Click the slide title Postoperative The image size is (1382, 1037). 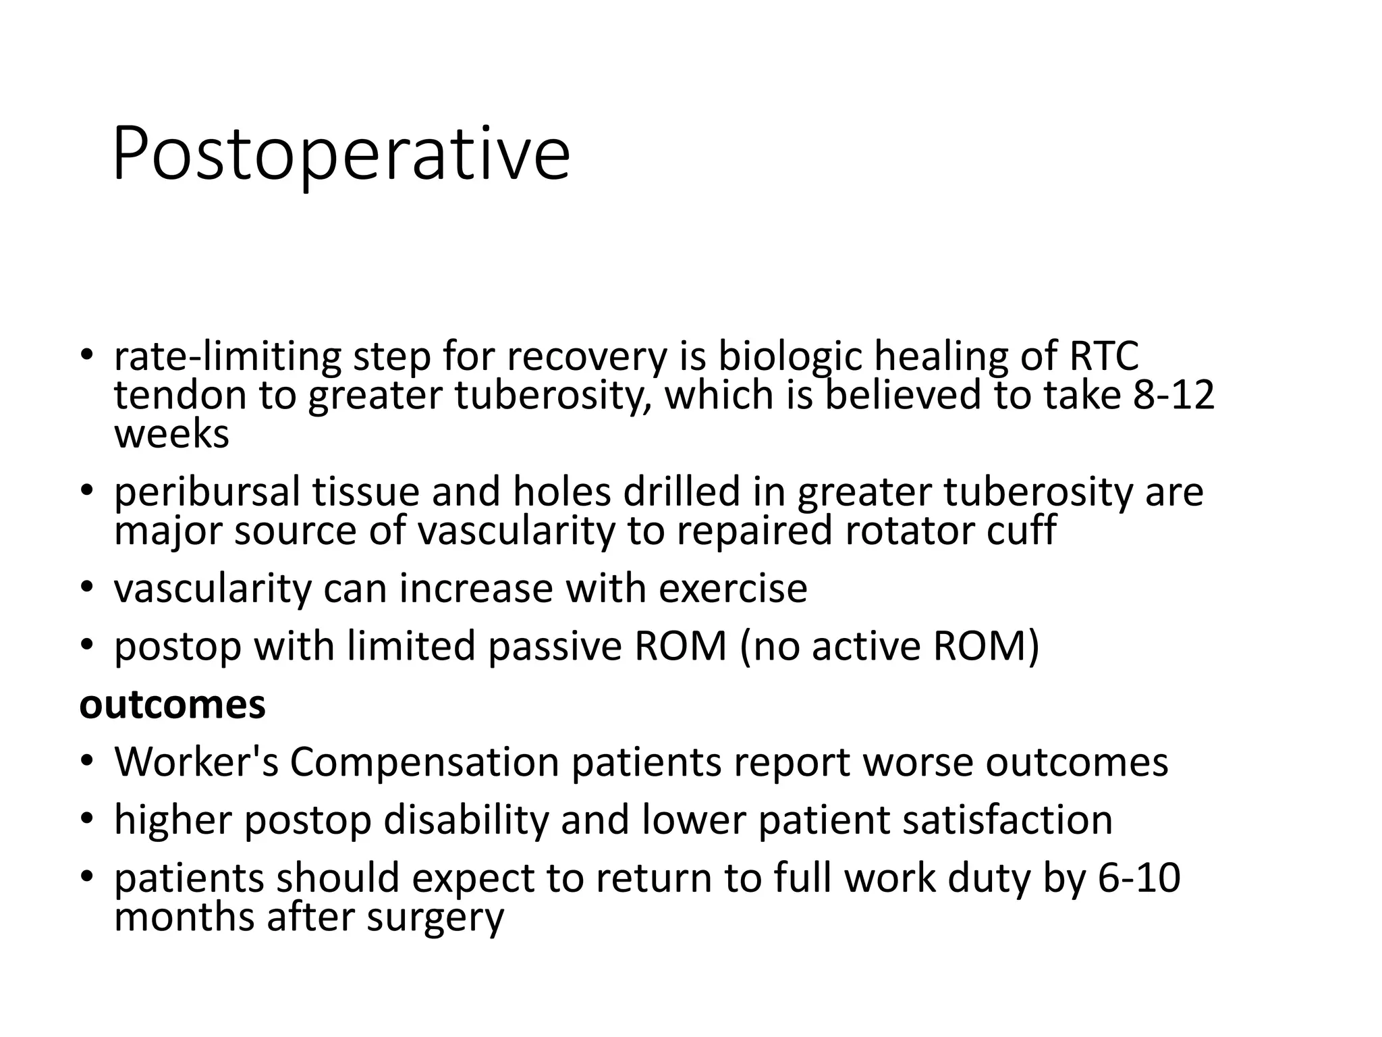[x=341, y=155]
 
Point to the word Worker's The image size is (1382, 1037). [x=196, y=762]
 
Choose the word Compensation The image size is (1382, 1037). [x=424, y=762]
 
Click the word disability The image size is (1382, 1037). [x=466, y=820]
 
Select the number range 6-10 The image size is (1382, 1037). [x=1139, y=878]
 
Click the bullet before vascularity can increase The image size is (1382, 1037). [x=86, y=588]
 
